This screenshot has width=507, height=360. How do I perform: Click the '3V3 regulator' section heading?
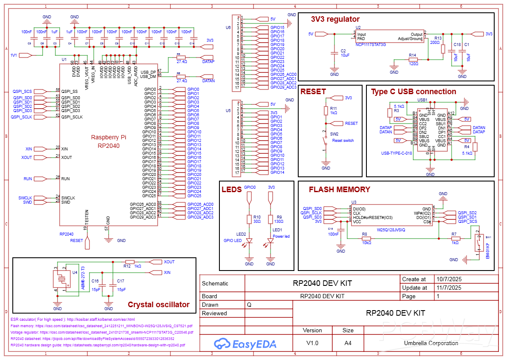tap(335, 19)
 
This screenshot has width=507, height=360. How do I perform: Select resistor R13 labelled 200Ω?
tap(443, 49)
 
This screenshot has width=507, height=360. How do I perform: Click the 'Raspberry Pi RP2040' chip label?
tap(109, 141)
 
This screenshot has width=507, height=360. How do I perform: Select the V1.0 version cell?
tap(312, 343)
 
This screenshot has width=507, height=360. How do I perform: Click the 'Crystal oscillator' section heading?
tap(158, 305)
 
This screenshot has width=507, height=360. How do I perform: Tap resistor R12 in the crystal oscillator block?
tap(130, 262)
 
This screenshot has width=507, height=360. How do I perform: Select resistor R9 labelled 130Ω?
tap(271, 219)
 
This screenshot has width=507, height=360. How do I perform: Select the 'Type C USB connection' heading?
tap(413, 92)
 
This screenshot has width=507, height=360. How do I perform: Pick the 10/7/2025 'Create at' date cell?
tap(449, 279)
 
